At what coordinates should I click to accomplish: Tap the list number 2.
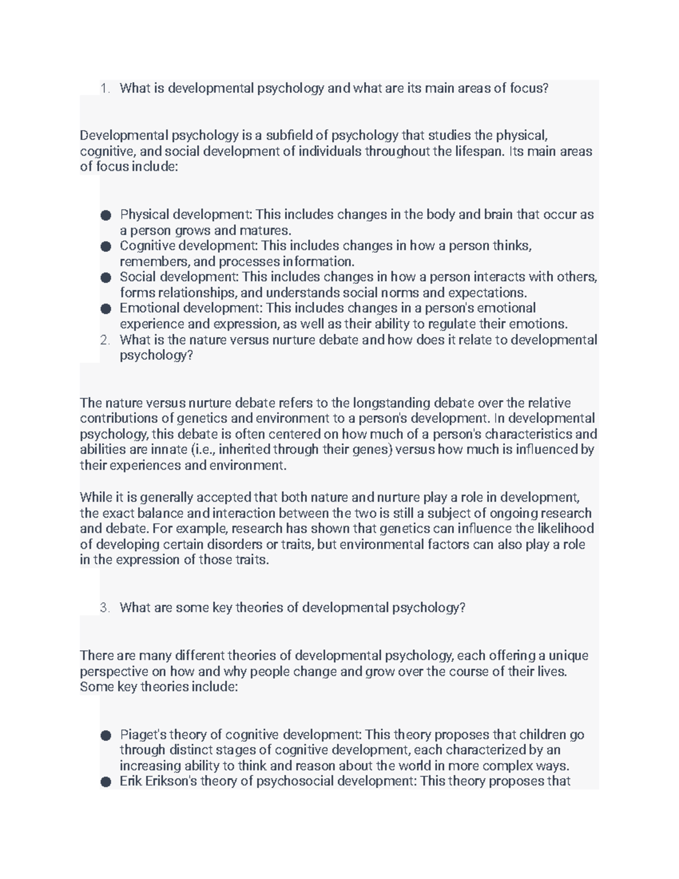(104, 340)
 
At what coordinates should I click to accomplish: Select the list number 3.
(104, 608)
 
